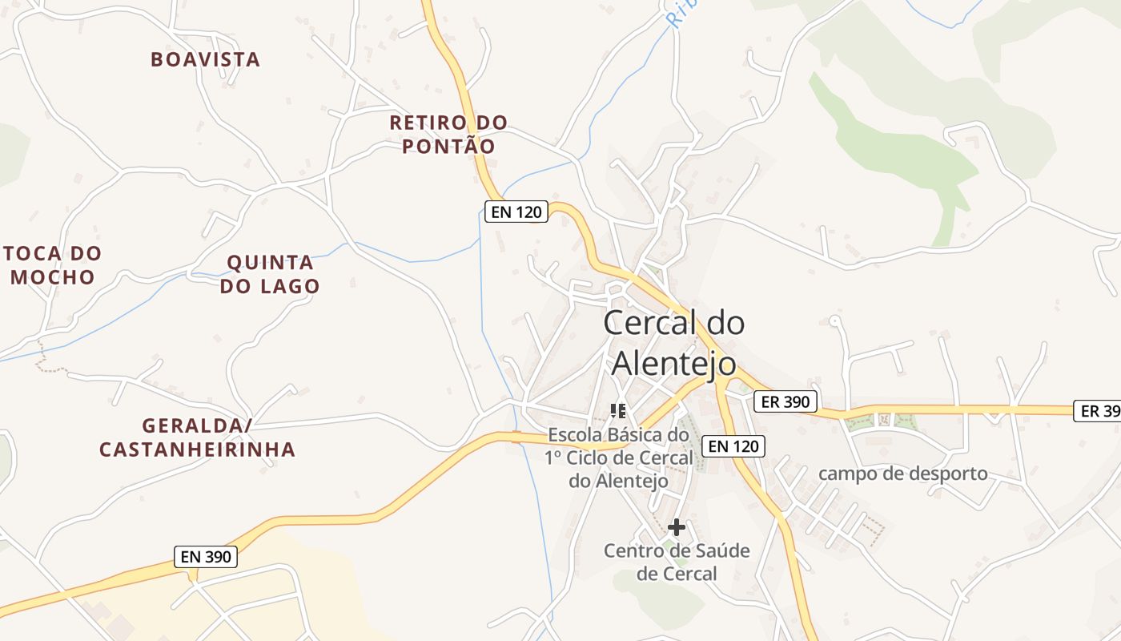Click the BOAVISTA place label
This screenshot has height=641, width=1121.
pyautogui.click(x=206, y=59)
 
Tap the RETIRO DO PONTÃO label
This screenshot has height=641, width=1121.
pyautogui.click(x=448, y=135)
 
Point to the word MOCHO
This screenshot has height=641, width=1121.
pyautogui.click(x=53, y=277)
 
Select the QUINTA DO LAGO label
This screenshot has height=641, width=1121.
pyautogui.click(x=270, y=274)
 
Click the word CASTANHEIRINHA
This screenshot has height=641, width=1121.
pyautogui.click(x=197, y=450)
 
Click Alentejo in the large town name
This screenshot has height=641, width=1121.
pyautogui.click(x=673, y=362)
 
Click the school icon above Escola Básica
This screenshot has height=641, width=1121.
pyautogui.click(x=617, y=411)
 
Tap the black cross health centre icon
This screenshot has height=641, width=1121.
pyautogui.click(x=677, y=526)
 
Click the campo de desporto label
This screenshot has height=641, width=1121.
pyautogui.click(x=903, y=474)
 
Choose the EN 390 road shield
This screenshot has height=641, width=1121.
pyautogui.click(x=206, y=556)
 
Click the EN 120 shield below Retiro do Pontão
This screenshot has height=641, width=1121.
pyautogui.click(x=516, y=212)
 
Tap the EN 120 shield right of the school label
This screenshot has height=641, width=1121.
pyautogui.click(x=733, y=446)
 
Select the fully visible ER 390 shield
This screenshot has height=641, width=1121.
pyautogui.click(x=786, y=401)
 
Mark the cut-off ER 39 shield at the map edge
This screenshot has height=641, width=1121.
pyautogui.click(x=1099, y=411)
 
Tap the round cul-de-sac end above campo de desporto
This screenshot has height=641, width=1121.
pyautogui.click(x=834, y=320)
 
